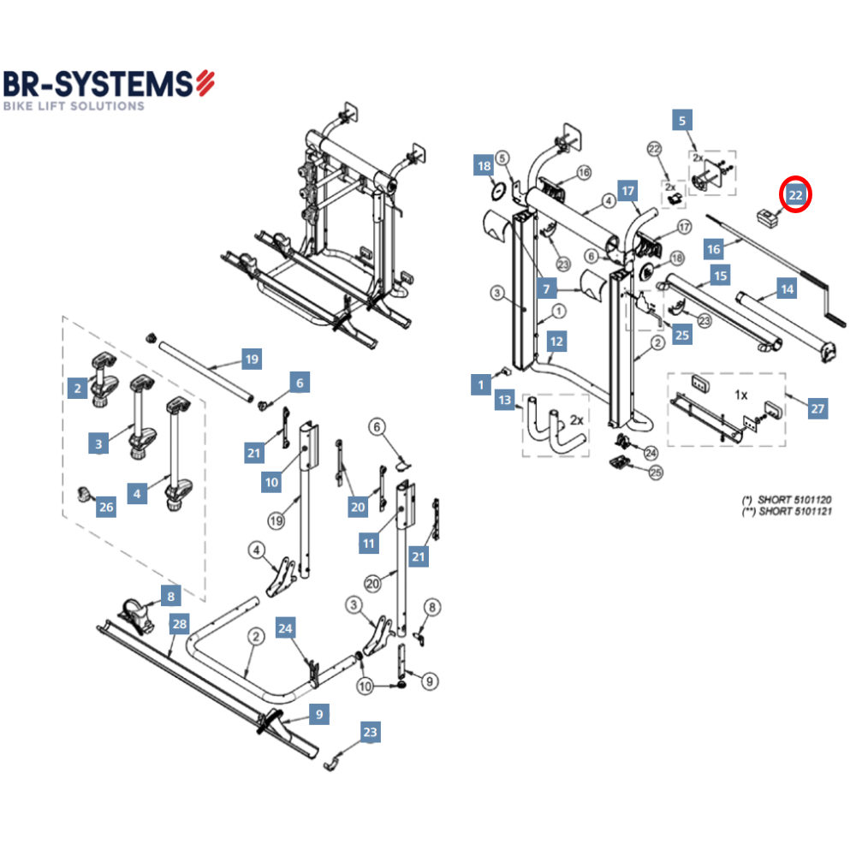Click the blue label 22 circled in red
[x=795, y=195]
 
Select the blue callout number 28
[x=179, y=624]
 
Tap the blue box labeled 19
[x=251, y=360]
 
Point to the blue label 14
[x=786, y=289]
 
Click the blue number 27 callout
[x=817, y=409]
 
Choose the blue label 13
[x=505, y=400]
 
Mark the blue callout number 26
[x=105, y=508]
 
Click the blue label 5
[x=681, y=121]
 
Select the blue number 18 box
[x=484, y=166]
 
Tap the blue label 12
[x=556, y=342]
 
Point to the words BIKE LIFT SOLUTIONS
[x=74, y=106]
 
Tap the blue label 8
[x=170, y=595]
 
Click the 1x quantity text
[x=741, y=395]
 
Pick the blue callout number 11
[x=369, y=544]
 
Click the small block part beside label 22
[x=764, y=216]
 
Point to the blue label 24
[x=286, y=629]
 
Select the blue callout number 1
[x=481, y=385]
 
